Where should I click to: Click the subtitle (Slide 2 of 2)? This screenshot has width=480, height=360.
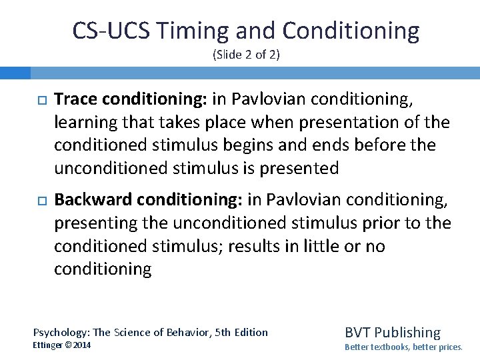(x=246, y=55)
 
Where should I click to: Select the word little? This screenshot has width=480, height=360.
(x=316, y=246)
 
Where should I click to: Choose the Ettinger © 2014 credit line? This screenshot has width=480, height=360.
(x=62, y=345)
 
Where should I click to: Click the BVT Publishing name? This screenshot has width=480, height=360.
(x=392, y=332)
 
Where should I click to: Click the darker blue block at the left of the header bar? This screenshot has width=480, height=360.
(x=15, y=72)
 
